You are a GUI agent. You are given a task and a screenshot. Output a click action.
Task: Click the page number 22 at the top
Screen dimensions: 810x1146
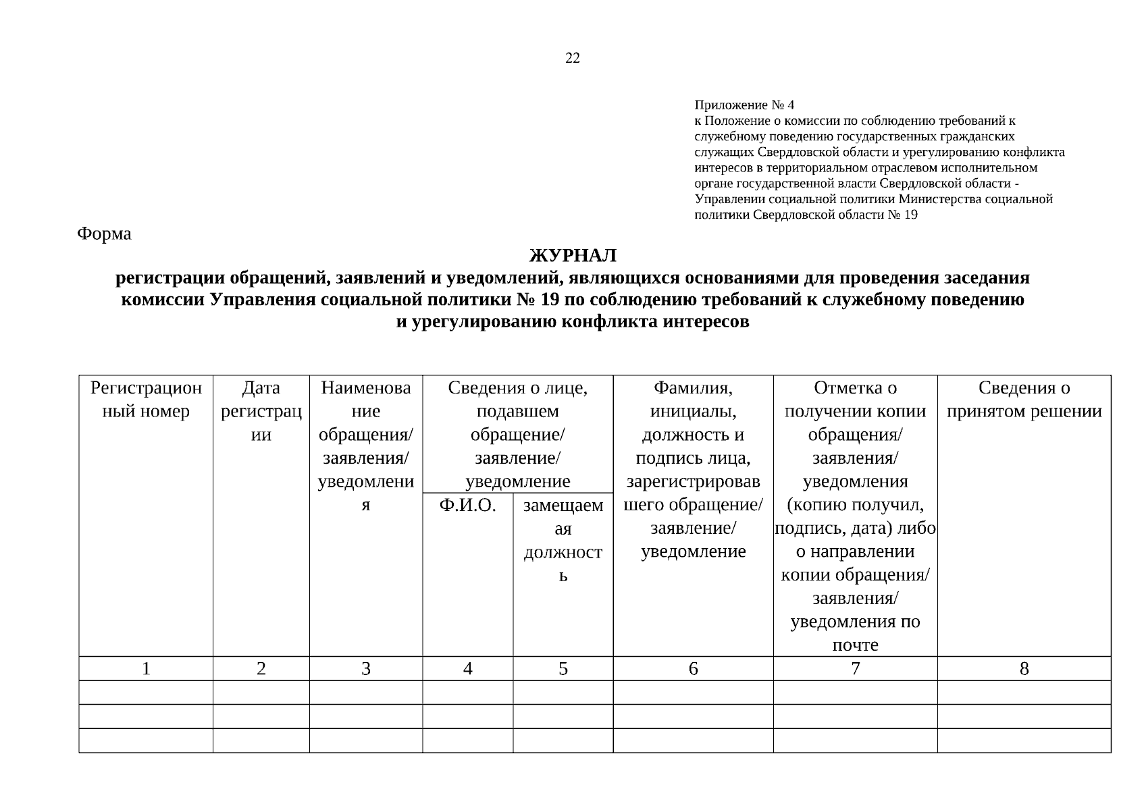point(572,58)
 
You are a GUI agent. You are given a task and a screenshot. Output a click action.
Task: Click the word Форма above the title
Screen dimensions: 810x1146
point(104,234)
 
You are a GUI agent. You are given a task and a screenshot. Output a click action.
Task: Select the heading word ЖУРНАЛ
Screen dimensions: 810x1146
point(572,256)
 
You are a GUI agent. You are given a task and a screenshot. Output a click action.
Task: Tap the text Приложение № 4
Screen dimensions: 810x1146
point(744,105)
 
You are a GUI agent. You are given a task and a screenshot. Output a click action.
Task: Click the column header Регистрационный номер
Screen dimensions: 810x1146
point(146,400)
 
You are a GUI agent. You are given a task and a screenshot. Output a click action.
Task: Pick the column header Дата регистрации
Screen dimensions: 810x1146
point(261,411)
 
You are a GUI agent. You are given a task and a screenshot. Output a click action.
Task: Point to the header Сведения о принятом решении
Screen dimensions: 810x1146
point(1024,400)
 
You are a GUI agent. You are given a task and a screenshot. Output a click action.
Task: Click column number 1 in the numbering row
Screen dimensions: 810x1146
point(146,669)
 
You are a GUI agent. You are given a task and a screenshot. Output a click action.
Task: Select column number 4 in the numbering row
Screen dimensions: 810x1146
point(467,669)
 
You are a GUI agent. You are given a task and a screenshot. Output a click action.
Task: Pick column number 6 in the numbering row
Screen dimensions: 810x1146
point(693,669)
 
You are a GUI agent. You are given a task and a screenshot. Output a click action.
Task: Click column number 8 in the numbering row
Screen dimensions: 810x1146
point(1024,669)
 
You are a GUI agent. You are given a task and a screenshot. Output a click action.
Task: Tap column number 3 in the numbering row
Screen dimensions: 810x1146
point(365,669)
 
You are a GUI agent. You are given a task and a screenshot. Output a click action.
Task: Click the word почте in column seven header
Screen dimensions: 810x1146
point(855,645)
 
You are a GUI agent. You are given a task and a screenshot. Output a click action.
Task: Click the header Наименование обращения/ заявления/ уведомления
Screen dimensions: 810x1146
point(365,446)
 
